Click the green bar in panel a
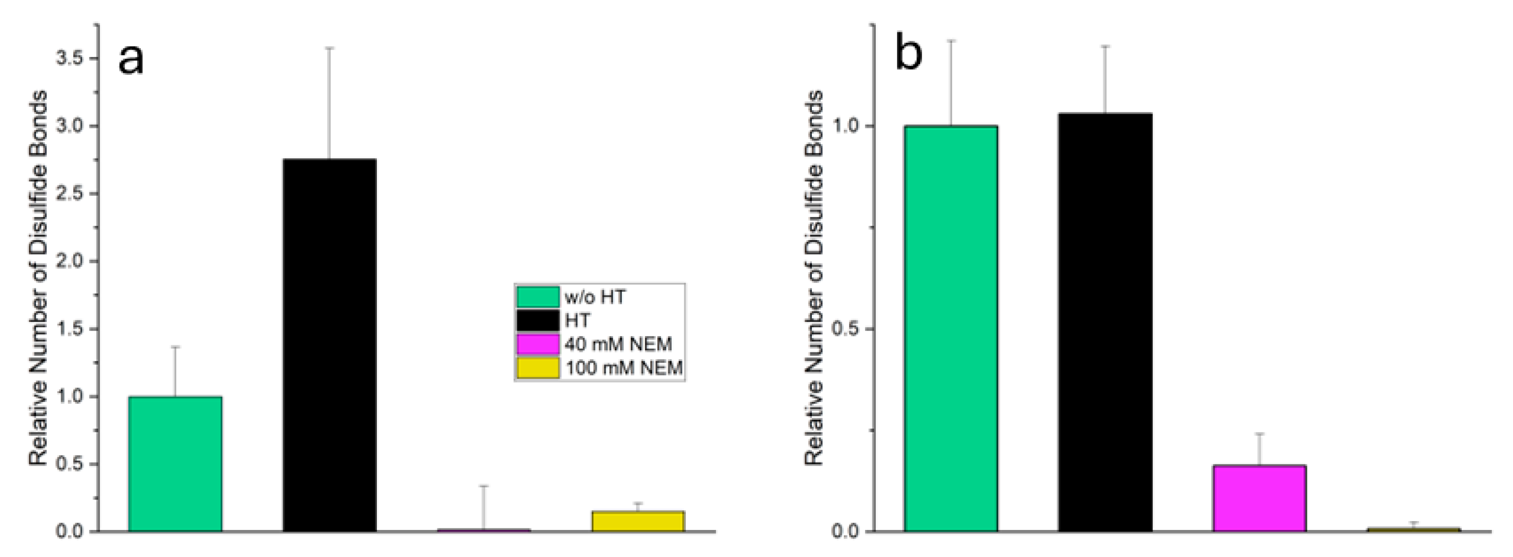175,464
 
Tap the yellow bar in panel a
638,521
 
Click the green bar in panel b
951,329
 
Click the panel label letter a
130,60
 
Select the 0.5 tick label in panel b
846,329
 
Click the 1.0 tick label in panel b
846,126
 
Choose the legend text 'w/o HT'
595,297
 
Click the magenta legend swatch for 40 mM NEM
537,344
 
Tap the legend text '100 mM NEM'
624,369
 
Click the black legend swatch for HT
537,321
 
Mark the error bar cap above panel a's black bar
330,48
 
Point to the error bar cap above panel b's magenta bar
1259,433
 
